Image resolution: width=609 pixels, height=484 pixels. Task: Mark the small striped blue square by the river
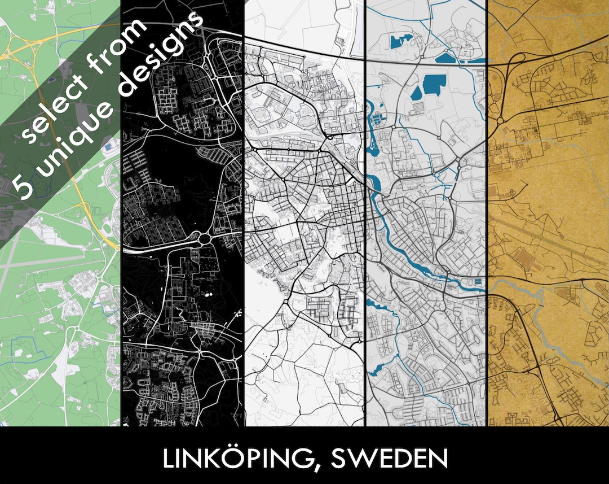(x=478, y=281)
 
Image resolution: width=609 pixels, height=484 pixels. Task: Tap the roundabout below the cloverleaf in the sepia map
(x=500, y=120)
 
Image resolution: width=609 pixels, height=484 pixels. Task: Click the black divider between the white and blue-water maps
(x=365, y=226)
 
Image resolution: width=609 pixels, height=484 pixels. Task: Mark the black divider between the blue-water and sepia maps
(x=487, y=226)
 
